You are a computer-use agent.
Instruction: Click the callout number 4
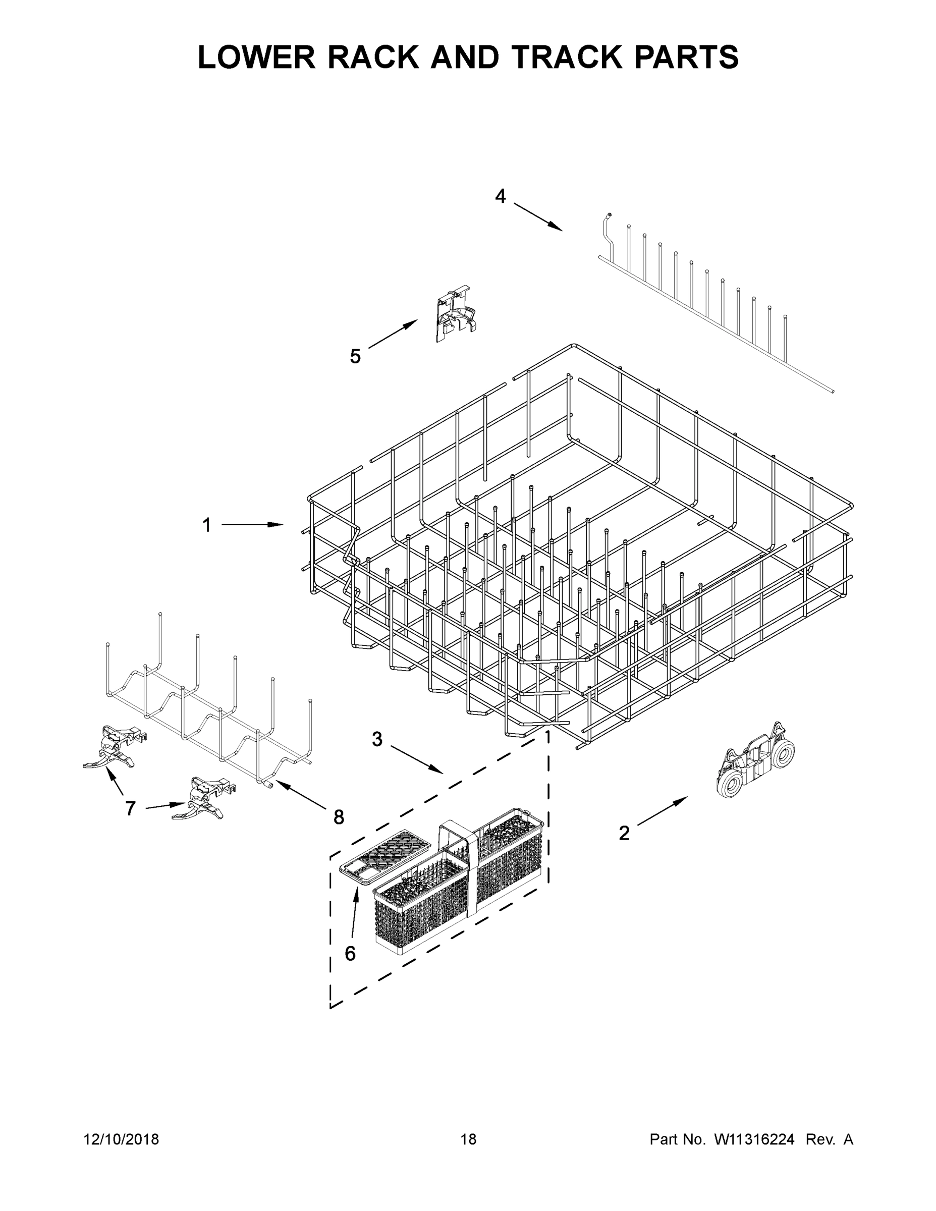500,196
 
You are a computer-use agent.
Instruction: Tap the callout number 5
355,356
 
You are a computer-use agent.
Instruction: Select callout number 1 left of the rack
207,525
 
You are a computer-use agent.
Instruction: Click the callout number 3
377,739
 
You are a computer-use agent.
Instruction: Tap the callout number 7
130,808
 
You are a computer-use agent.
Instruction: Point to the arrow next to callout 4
537,216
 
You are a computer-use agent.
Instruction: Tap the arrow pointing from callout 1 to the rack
252,525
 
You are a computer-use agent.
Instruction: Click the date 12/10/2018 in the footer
122,1139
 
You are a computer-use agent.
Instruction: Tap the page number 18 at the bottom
469,1139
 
